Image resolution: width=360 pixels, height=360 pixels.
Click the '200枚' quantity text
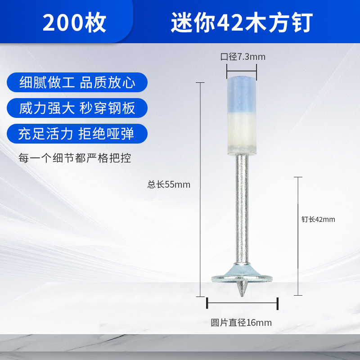pos(74,22)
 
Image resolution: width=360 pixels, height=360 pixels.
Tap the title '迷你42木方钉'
pos(242,22)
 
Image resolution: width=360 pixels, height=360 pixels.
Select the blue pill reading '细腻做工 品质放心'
pos(77,82)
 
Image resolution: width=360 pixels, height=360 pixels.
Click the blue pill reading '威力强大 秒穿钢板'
pos(77,108)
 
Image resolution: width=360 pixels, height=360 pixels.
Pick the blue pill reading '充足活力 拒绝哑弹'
pos(77,134)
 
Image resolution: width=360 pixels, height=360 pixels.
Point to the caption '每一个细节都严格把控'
pos(75,158)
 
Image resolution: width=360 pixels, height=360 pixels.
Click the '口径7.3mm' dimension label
pos(243,57)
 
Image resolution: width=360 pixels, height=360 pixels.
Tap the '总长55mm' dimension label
pos(169,184)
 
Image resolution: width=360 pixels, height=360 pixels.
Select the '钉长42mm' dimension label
pos(318,219)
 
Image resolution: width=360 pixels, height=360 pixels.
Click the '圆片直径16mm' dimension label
pos(241,323)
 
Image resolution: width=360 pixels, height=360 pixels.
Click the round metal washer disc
pos(242,279)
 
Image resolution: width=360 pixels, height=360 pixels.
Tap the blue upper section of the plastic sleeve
pos(242,94)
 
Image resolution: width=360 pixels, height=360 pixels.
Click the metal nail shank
pos(242,209)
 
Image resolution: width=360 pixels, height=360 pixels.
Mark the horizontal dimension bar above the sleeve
pos(242,71)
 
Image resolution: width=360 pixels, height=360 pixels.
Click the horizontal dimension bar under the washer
pos(242,303)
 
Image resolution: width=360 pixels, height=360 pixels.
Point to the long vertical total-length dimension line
pos(200,189)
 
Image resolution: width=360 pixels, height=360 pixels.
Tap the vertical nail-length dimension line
pos(298,236)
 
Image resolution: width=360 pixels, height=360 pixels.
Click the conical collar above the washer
pos(242,270)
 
